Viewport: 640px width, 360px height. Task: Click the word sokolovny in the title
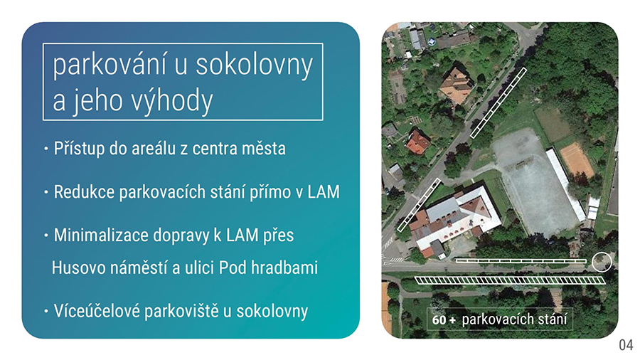[x=254, y=65]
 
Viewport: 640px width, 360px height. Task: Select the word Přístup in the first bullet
[x=79, y=149]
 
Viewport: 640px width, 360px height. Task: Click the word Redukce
[x=84, y=192]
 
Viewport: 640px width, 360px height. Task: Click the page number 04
[x=626, y=345]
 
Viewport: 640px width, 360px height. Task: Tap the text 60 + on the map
[x=444, y=319]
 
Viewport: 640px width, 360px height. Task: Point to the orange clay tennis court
[x=577, y=159]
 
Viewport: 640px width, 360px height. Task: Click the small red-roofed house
[x=418, y=142]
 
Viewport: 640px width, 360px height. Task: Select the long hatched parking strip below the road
[x=510, y=280]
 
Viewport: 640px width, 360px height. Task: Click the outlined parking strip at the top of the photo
[x=498, y=103]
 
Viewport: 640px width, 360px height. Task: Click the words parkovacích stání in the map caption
[x=514, y=319]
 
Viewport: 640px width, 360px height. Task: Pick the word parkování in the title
[x=110, y=65]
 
